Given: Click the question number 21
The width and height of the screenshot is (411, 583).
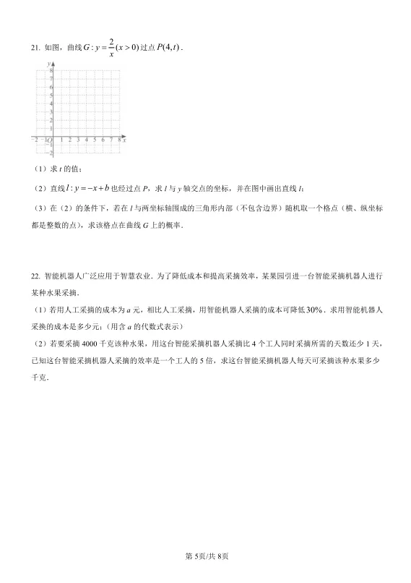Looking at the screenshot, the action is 35,48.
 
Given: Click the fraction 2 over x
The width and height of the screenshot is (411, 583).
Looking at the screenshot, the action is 111,47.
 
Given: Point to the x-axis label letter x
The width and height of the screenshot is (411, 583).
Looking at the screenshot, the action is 124,140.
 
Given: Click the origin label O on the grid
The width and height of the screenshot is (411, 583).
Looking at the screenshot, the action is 49,140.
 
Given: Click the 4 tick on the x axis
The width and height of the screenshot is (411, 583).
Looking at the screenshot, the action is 86,140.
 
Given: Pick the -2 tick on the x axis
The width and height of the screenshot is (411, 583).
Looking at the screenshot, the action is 36,140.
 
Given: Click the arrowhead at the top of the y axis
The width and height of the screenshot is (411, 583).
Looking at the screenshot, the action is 53,64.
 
